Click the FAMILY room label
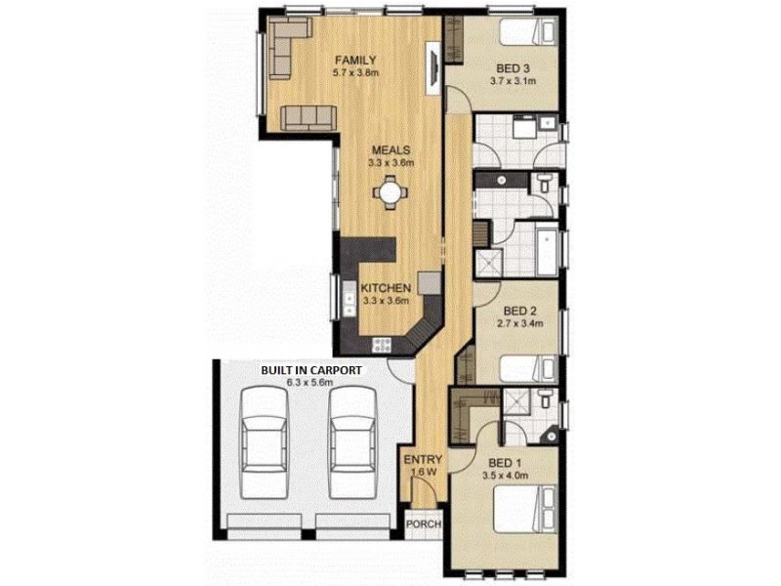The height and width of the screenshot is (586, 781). point(355,61)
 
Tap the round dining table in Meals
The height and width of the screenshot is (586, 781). point(390,191)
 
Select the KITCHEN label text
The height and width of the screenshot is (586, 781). point(386,288)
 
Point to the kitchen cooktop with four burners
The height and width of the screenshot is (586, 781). point(382,345)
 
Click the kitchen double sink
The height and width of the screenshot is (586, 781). point(349,298)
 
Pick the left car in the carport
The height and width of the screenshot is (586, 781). point(264,442)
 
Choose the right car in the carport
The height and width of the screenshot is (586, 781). point(352,442)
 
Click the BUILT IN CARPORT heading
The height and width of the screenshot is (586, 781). point(311,371)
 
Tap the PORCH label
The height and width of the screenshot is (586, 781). point(424,524)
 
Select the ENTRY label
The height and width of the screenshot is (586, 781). point(423,459)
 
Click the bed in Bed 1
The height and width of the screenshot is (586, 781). point(524,509)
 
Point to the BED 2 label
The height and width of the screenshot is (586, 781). point(519,312)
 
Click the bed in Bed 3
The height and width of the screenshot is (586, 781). point(527,32)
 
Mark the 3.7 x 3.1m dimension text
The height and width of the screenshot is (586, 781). point(514,81)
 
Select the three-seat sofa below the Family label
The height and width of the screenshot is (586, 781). point(308,117)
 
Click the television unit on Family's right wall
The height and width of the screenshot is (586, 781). point(432,67)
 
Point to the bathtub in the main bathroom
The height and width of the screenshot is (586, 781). point(547,252)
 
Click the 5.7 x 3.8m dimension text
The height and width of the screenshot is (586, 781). point(355,72)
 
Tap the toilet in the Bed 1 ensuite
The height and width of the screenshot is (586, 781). point(545,398)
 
